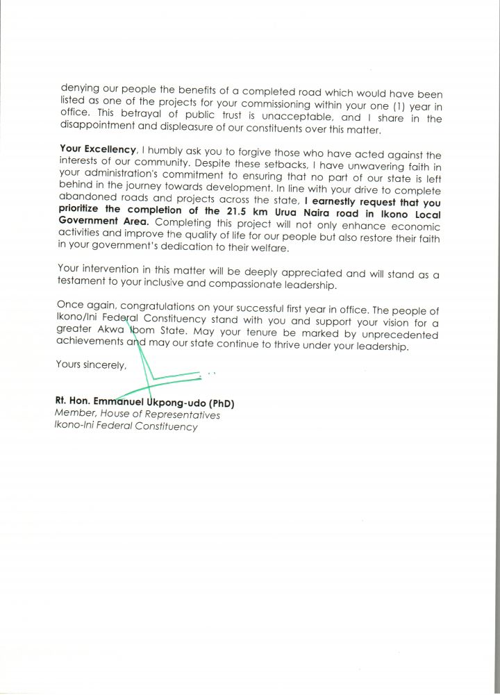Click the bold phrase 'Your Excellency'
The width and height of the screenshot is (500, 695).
(x=97, y=149)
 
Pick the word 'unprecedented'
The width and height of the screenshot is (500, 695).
(x=390, y=334)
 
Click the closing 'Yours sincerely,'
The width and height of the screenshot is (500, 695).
(x=91, y=365)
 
